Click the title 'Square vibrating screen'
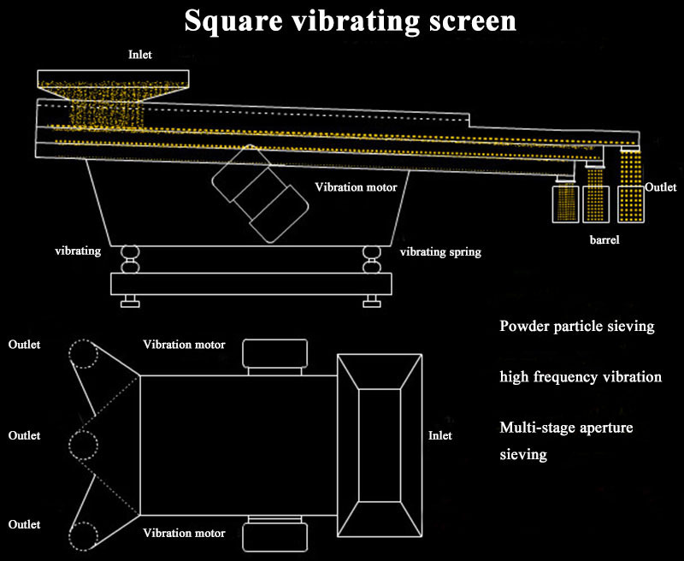(x=351, y=20)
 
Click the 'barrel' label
(x=604, y=240)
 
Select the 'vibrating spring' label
(x=440, y=252)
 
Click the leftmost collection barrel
(x=565, y=203)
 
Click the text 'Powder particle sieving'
(x=577, y=326)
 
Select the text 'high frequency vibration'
(x=581, y=376)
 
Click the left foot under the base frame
(x=131, y=301)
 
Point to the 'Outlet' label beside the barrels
(x=660, y=187)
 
